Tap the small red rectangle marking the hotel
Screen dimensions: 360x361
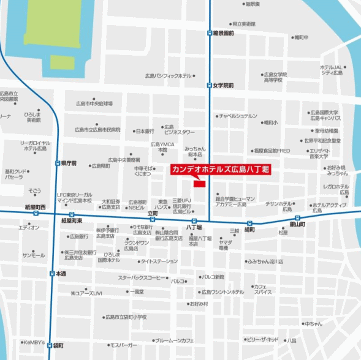point(199,182)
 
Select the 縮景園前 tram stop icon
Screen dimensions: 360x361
point(210,33)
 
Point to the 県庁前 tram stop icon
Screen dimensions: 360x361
point(57,163)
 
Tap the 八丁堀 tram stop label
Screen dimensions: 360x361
point(194,227)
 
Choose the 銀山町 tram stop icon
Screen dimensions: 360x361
point(297,218)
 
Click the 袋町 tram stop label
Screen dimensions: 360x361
point(59,345)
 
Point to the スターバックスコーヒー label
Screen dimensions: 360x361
point(142,277)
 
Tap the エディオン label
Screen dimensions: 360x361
point(29,228)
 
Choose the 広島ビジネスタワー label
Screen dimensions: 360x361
point(179,129)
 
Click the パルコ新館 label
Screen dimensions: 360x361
point(213,277)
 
